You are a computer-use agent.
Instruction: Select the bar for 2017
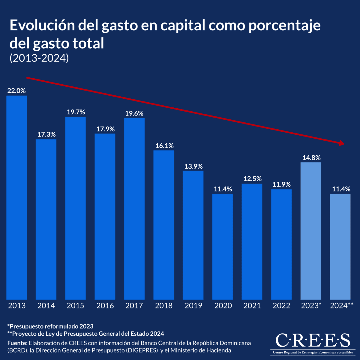[x=134, y=208]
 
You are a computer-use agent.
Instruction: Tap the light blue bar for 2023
[x=311, y=231]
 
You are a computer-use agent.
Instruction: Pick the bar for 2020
[x=223, y=246]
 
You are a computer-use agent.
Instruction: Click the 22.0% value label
[x=16, y=91]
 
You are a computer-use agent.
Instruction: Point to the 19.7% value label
[x=76, y=112]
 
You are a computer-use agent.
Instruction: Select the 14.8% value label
[x=311, y=157]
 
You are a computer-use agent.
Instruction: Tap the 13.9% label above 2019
[x=193, y=166]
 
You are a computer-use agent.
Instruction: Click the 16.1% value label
[x=164, y=146]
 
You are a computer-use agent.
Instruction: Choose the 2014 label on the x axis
[x=46, y=306]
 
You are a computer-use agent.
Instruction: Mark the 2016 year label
[x=105, y=306]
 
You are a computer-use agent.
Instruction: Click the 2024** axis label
[x=341, y=306]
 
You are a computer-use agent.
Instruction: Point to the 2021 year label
[x=252, y=306]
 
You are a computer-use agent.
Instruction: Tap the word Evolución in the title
[x=42, y=25]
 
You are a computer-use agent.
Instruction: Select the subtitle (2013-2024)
[x=39, y=58]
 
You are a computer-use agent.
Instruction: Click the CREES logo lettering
[x=313, y=340]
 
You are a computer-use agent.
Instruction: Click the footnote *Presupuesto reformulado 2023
[x=50, y=326]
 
